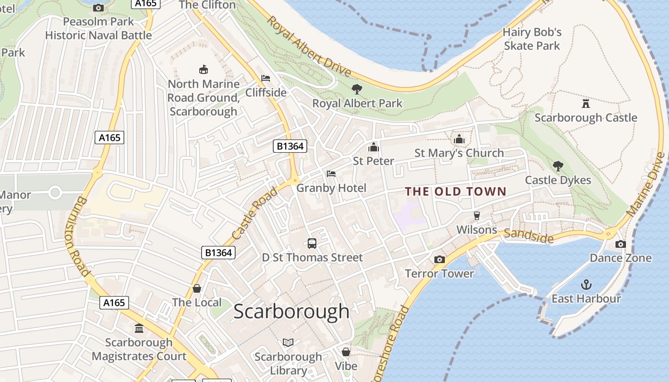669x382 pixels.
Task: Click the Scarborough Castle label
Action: pyautogui.click(x=585, y=117)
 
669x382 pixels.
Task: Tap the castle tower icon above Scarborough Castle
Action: pyautogui.click(x=585, y=103)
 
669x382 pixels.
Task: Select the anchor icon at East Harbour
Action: pyautogui.click(x=586, y=285)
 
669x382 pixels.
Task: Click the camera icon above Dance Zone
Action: pyautogui.click(x=620, y=244)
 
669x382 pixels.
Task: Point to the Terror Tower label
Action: pyautogui.click(x=439, y=274)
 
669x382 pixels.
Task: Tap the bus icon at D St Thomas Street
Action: pyautogui.click(x=312, y=244)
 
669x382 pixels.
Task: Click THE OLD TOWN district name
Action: pyautogui.click(x=455, y=191)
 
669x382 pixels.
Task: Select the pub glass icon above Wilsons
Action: pyautogui.click(x=476, y=216)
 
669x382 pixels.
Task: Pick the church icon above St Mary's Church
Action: pyautogui.click(x=459, y=139)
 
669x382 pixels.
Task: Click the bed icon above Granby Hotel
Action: pyautogui.click(x=331, y=174)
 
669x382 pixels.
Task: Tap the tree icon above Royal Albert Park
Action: pyautogui.click(x=356, y=89)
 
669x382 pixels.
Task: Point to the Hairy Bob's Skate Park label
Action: pyautogui.click(x=532, y=39)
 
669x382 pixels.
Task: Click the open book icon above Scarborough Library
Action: pyautogui.click(x=288, y=342)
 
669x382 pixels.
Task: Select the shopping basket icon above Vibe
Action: pyautogui.click(x=345, y=352)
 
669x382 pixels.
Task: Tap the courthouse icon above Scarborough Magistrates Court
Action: pyautogui.click(x=139, y=328)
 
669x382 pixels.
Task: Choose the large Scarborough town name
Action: pyautogui.click(x=291, y=311)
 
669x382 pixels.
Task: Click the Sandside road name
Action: pyautogui.click(x=529, y=235)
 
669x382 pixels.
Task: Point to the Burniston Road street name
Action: pyautogui.click(x=76, y=236)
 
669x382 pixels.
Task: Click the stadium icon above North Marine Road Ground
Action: pyautogui.click(x=204, y=69)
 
